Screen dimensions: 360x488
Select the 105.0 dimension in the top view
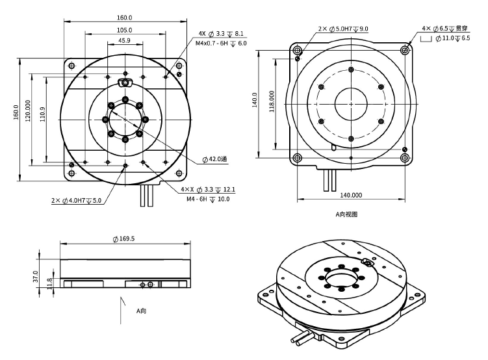click(x=124, y=30)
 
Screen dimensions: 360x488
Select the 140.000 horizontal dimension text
click(x=352, y=194)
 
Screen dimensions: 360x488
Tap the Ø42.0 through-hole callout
click(x=215, y=159)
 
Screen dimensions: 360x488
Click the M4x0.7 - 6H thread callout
click(x=221, y=43)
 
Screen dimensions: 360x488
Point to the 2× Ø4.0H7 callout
click(x=77, y=200)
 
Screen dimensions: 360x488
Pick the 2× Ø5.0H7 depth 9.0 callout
click(x=343, y=29)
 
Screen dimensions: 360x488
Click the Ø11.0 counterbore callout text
click(x=452, y=39)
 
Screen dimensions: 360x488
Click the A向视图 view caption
click(x=346, y=214)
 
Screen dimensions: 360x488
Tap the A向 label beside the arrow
click(x=141, y=311)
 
